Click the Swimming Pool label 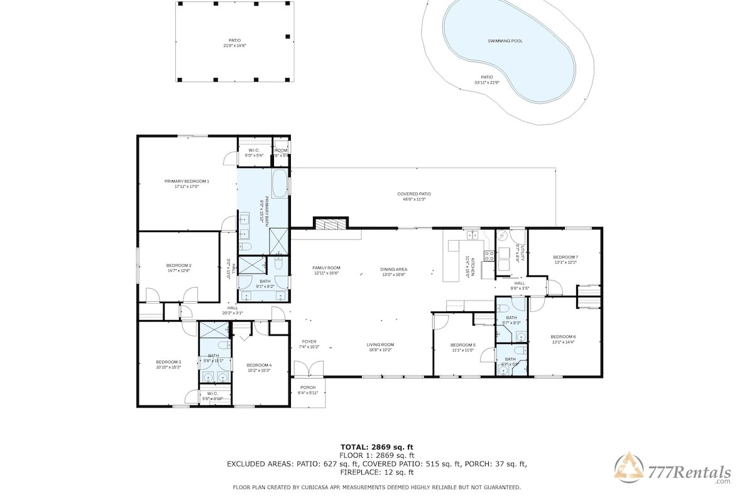[x=505, y=41]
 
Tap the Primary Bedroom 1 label [x=187, y=181]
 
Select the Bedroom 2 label [x=178, y=265]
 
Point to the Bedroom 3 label [x=168, y=362]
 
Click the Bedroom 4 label [x=259, y=365]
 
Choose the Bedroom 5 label [x=463, y=345]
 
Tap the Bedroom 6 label [x=563, y=337]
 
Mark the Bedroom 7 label [x=565, y=257]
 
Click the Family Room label [x=326, y=268]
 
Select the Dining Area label [x=393, y=270]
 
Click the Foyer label [x=309, y=342]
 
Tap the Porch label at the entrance [x=308, y=387]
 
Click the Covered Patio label [x=414, y=194]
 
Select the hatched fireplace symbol [x=331, y=224]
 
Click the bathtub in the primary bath [x=280, y=184]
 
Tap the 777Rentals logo [x=673, y=472]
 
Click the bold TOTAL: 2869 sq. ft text [x=377, y=446]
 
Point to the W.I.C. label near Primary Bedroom [x=254, y=151]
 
